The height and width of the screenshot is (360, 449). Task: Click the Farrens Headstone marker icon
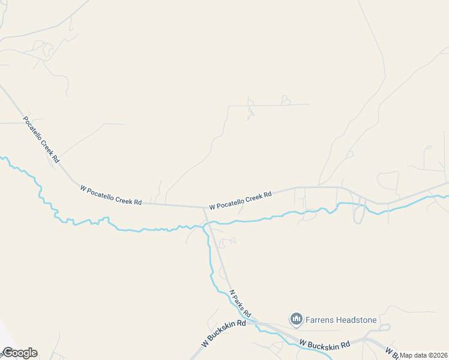coord(295,319)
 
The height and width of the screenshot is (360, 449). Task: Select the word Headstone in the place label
coord(357,320)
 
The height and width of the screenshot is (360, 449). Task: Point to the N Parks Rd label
coord(240,305)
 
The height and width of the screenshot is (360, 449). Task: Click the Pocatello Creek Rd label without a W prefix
coord(41,139)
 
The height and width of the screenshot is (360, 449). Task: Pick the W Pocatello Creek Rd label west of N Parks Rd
coord(111,196)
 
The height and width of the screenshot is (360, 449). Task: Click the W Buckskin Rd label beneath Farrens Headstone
coord(324,345)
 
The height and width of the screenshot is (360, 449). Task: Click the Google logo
coord(19,353)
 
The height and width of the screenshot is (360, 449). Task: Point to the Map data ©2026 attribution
coord(424,355)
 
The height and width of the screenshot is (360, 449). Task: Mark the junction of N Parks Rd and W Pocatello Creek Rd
coord(204,208)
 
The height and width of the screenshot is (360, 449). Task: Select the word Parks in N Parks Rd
coord(241,305)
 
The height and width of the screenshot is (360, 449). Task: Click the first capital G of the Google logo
coord(7,353)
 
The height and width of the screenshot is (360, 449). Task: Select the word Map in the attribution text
coord(406,355)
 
